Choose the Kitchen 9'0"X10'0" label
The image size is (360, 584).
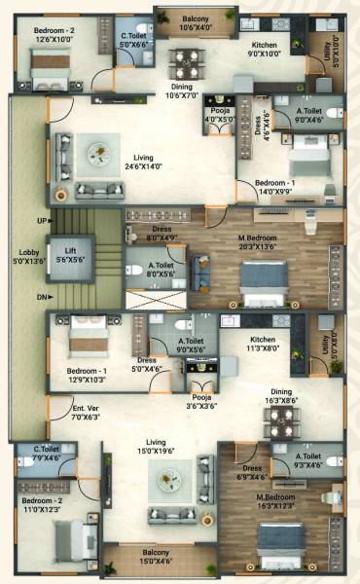(265, 50)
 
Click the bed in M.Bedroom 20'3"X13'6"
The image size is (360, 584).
(259, 282)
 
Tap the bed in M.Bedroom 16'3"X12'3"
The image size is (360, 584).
(282, 541)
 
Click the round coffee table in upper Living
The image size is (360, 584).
(99, 152)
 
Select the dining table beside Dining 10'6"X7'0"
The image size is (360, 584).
(183, 64)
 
